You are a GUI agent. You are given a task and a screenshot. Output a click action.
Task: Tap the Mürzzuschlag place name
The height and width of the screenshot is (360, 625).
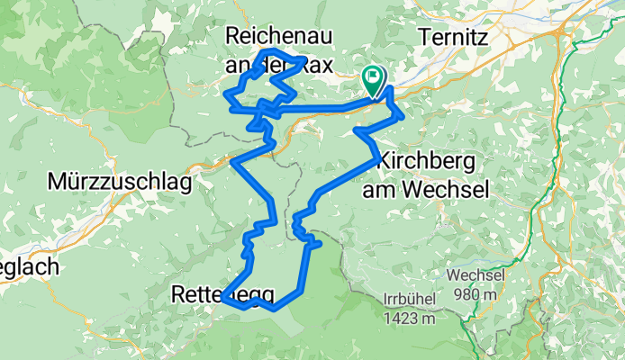tap(122, 183)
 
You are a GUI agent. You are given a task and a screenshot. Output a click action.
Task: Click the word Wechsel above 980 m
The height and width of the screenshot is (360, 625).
tap(474, 274)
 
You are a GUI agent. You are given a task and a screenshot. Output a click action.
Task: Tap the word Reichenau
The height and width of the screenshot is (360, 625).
tap(280, 37)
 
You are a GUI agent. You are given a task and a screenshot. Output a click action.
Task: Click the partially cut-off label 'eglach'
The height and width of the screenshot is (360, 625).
tap(29, 267)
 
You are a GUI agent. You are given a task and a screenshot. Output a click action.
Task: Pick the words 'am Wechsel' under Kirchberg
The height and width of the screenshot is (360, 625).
tap(425, 189)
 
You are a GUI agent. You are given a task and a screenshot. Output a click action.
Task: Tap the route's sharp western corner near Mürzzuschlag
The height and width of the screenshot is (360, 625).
tap(232, 162)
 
